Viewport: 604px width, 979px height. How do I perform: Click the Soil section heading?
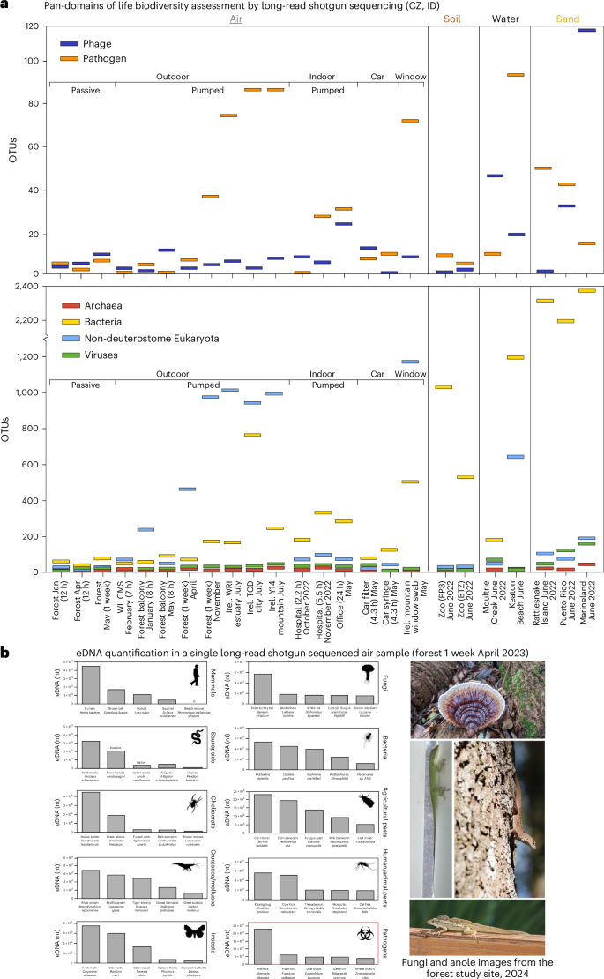pyautogui.click(x=451, y=16)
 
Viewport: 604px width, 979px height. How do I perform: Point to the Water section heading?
pyautogui.click(x=503, y=16)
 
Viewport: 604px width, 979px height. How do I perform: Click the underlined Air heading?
pyautogui.click(x=235, y=16)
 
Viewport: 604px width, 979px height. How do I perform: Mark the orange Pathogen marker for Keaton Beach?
pyautogui.click(x=516, y=75)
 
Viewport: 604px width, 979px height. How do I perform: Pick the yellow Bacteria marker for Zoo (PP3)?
pyautogui.click(x=443, y=387)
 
